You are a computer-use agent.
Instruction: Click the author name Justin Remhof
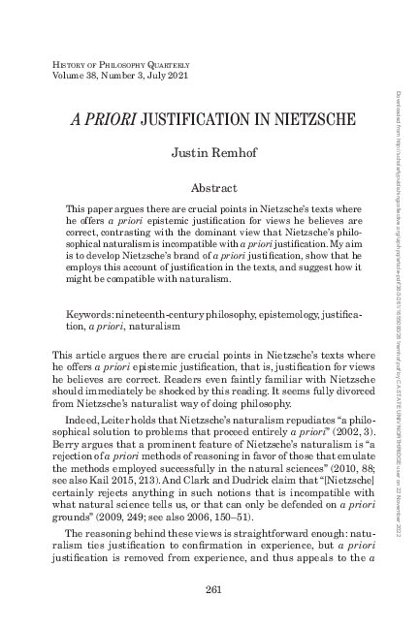(x=209, y=153)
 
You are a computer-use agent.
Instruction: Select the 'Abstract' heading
(x=209, y=185)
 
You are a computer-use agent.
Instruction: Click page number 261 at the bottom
(x=209, y=589)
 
